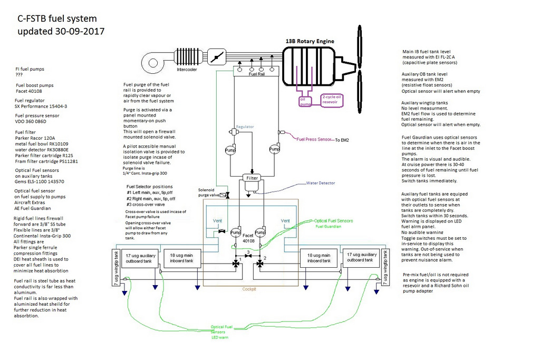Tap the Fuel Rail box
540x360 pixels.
click(255, 75)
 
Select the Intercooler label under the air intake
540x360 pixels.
click(187, 69)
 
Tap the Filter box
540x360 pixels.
click(252, 178)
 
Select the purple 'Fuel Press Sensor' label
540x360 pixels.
click(314, 139)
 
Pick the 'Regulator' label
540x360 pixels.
click(245, 127)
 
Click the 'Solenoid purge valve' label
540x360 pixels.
click(206, 192)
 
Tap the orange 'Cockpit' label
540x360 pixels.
click(249, 289)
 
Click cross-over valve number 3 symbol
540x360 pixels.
click(248, 257)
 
